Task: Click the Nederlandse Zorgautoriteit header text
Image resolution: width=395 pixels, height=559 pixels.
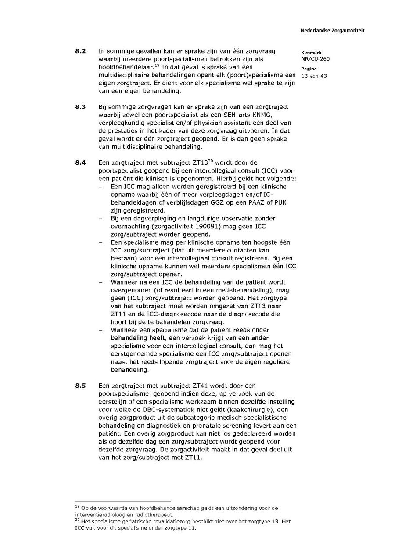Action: (332, 31)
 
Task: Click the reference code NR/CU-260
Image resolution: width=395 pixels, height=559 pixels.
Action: (315, 59)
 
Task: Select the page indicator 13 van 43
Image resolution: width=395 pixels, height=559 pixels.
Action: (314, 76)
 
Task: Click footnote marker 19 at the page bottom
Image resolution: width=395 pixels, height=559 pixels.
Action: (77, 507)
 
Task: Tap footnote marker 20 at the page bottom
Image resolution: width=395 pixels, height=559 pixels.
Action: (77, 520)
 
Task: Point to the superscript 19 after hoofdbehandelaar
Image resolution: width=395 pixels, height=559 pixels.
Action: (157, 65)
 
